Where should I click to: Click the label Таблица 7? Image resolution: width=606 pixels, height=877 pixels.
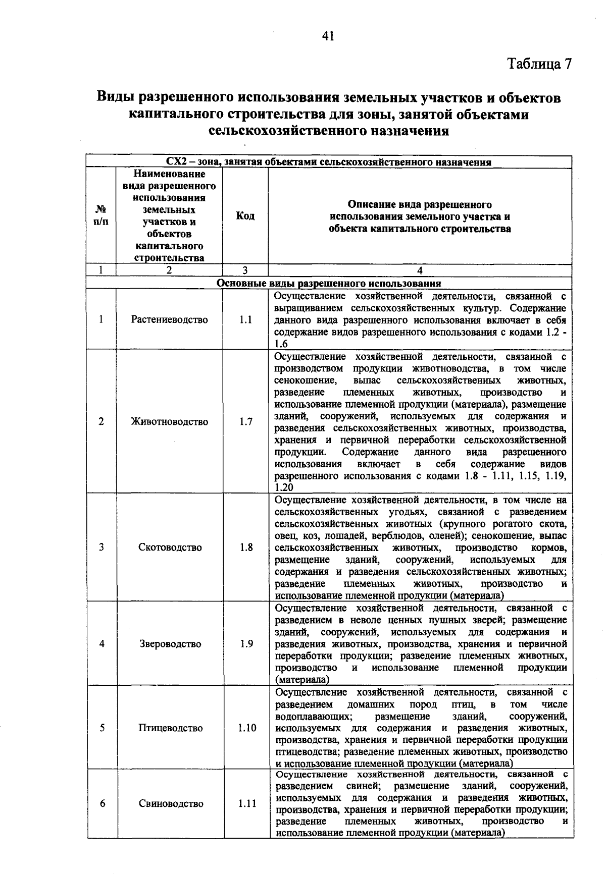point(539,64)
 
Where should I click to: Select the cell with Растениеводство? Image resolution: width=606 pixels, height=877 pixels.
point(169,319)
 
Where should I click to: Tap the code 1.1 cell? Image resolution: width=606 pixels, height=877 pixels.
point(245,319)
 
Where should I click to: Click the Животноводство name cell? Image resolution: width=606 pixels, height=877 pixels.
point(169,422)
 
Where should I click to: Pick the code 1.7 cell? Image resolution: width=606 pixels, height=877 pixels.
point(245,422)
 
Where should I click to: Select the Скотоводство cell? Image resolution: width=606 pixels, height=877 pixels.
point(170,547)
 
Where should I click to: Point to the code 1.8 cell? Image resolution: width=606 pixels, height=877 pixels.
point(246,547)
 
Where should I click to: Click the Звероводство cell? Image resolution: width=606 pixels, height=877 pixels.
point(170,644)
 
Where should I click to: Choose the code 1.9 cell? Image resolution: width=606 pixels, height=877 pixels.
point(246,644)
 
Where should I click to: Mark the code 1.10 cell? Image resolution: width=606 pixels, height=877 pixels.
point(246,728)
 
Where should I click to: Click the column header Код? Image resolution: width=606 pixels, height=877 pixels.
point(245,216)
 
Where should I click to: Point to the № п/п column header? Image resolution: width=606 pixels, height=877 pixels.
point(101,215)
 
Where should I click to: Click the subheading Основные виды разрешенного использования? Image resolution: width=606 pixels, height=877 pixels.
point(329,283)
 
